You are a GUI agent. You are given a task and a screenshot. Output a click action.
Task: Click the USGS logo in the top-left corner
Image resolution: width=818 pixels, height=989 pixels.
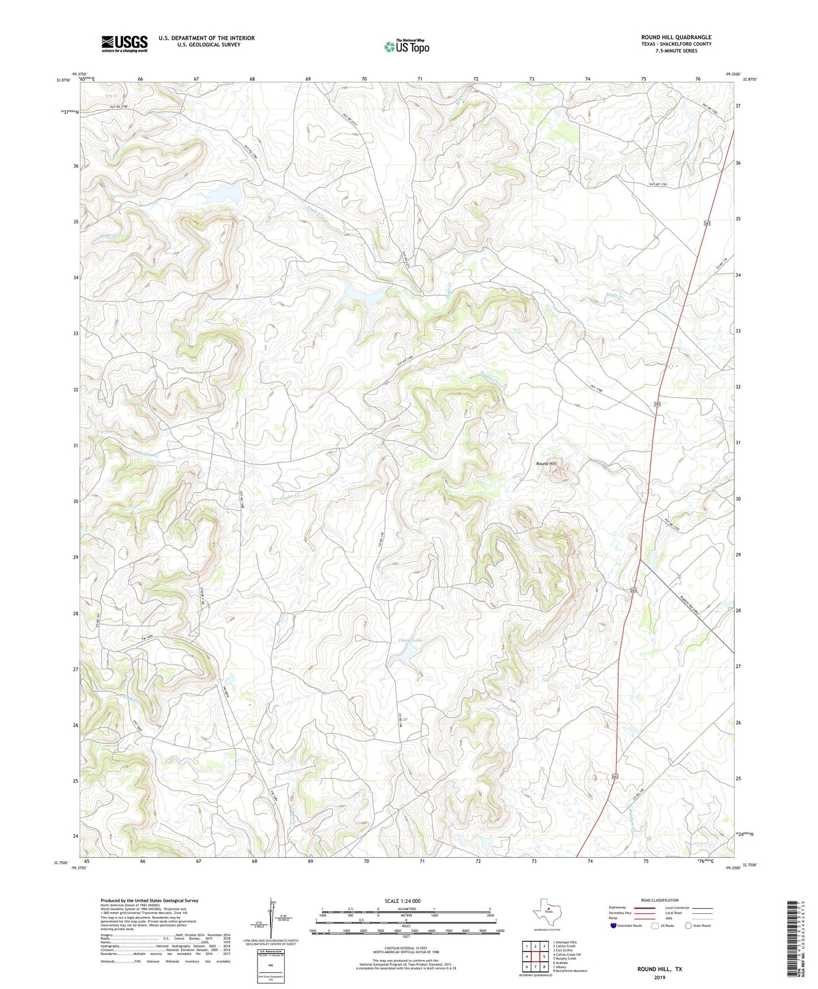coord(124,44)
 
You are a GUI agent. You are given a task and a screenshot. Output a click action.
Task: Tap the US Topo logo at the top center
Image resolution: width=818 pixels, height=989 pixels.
coord(406,46)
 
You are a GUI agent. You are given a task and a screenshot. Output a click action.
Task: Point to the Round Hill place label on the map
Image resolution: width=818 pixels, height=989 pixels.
coord(546,463)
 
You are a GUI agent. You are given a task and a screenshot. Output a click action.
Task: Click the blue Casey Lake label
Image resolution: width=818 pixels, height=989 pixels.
coord(410,640)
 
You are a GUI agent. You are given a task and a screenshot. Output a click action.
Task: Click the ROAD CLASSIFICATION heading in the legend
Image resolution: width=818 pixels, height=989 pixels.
coord(659,900)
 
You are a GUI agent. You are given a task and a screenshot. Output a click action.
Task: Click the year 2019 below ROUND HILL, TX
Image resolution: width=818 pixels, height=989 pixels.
coord(659,977)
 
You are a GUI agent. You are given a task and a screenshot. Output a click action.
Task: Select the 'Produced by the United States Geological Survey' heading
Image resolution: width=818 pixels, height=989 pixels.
coord(149,900)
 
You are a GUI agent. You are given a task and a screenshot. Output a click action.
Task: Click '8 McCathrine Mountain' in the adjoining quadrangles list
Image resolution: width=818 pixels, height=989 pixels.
coord(569,970)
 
